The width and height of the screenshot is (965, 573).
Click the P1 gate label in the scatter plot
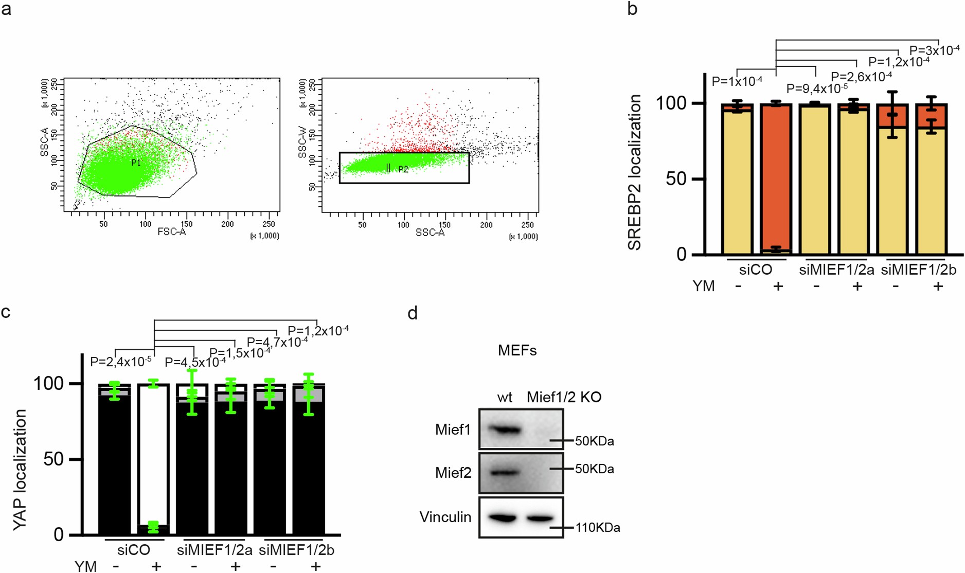[136, 163]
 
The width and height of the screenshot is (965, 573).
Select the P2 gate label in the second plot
[403, 169]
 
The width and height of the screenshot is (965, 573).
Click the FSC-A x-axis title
[172, 232]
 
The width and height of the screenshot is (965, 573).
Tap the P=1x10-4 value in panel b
[737, 81]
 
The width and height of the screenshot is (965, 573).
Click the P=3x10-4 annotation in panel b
[934, 50]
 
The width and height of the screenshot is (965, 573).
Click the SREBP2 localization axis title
[635, 173]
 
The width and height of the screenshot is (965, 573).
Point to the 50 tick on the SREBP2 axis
[676, 179]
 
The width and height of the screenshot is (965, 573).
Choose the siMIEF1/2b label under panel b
[918, 270]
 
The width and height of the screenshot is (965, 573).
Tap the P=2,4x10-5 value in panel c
[120, 362]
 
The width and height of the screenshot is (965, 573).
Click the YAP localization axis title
[20, 470]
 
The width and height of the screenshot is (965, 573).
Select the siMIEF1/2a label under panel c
[215, 550]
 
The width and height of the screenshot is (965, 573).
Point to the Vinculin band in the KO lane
[540, 518]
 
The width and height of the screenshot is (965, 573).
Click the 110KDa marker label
[597, 528]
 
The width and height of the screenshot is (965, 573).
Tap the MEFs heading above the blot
[517, 351]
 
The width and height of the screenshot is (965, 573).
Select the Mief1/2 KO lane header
[564, 397]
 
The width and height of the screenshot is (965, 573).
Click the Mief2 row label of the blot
[453, 473]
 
